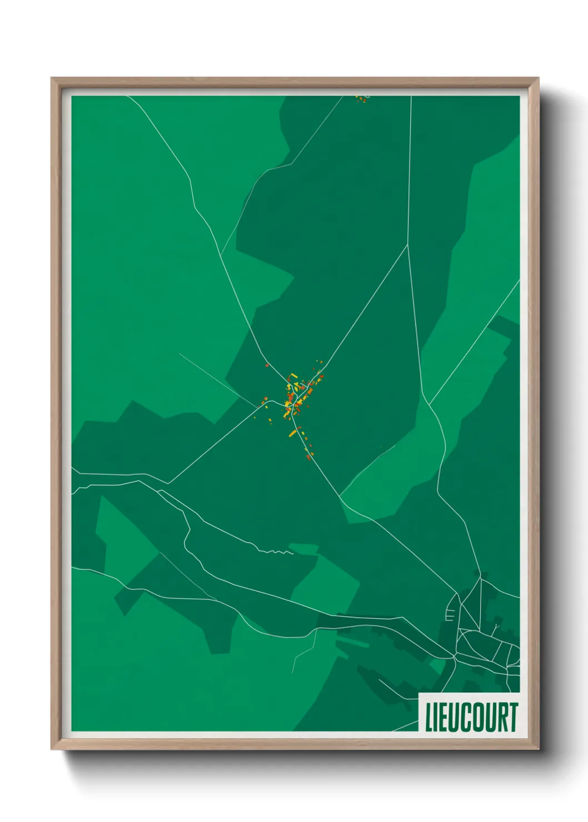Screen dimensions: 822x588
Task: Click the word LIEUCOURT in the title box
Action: pyautogui.click(x=471, y=717)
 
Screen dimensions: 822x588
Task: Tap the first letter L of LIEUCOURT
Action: pyautogui.click(x=428, y=717)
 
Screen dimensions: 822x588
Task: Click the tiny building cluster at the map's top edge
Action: pyautogui.click(x=362, y=99)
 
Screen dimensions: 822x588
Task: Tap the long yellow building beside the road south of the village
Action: pyautogui.click(x=292, y=433)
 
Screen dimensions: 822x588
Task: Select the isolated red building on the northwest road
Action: pyautogui.click(x=267, y=365)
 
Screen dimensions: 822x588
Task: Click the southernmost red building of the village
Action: pyautogui.click(x=308, y=457)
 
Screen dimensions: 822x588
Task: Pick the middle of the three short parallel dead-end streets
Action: pyautogui.click(x=449, y=615)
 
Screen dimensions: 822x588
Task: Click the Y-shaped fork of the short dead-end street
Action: pyautogui.click(x=496, y=629)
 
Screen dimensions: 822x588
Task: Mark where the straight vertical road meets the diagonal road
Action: pyautogui.click(x=408, y=245)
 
